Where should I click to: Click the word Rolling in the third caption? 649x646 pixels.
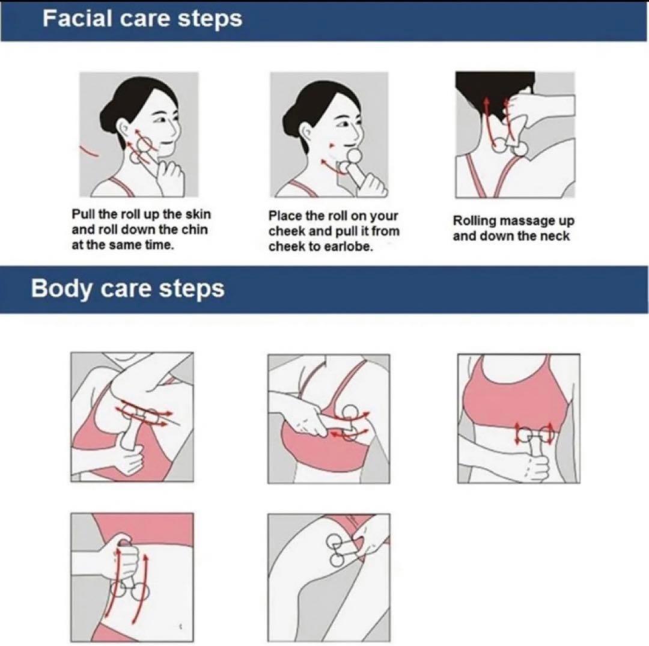[x=475, y=221]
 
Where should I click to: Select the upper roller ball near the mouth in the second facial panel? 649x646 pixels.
[x=355, y=157]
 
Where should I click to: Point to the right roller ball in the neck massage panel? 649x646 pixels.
[x=520, y=149]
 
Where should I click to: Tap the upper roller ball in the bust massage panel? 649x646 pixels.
[x=350, y=413]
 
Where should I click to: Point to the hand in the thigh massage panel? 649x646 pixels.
[x=369, y=538]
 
